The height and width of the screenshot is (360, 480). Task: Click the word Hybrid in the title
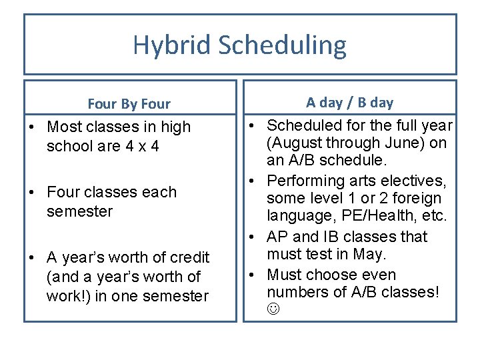[171, 45]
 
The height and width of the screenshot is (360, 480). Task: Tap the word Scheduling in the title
[282, 45]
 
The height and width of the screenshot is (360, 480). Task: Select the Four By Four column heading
[129, 104]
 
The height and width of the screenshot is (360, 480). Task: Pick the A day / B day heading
[349, 103]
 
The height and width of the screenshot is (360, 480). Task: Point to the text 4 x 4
[137, 145]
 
